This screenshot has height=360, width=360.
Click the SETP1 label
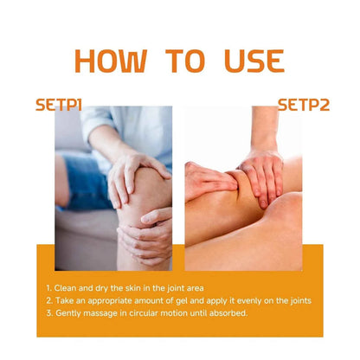[x=59, y=105]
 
